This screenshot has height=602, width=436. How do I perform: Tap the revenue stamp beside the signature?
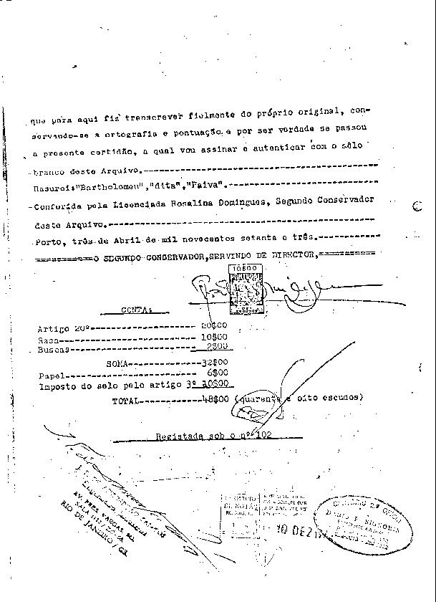pos(244,289)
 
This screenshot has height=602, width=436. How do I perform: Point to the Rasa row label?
pos(48,338)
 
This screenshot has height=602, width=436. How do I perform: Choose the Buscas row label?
pos(53,349)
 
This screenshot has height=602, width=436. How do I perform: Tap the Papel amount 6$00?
pos(217,375)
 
